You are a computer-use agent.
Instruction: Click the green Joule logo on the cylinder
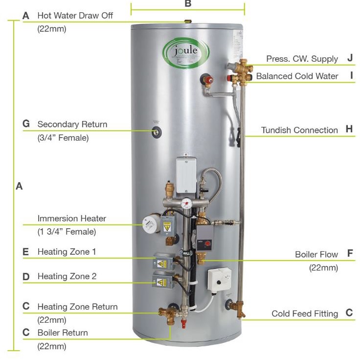pos(186,51)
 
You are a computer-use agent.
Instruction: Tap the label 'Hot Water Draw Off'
pos(75,16)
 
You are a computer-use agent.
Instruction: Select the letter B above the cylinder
pos(188,4)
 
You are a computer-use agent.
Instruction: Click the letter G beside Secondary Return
pos(26,124)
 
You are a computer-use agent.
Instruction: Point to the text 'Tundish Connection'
pos(299,130)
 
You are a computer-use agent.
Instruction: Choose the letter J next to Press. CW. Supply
pos(350,58)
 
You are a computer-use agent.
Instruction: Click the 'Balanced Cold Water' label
pos(297,76)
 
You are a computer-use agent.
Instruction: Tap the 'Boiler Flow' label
pos(316,254)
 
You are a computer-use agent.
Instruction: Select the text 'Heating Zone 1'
pos(67,252)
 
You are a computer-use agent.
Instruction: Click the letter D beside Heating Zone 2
pos(26,277)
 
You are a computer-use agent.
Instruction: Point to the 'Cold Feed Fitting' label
pos(305,313)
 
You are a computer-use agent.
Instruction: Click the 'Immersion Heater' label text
pos(71,218)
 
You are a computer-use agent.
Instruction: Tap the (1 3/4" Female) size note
pos(67,232)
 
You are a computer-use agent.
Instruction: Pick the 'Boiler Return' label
pos(63,333)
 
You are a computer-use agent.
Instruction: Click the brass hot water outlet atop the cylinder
pos(186,22)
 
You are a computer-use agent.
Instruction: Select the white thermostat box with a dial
pos(219,281)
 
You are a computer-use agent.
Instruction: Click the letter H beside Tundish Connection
pos(349,129)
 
